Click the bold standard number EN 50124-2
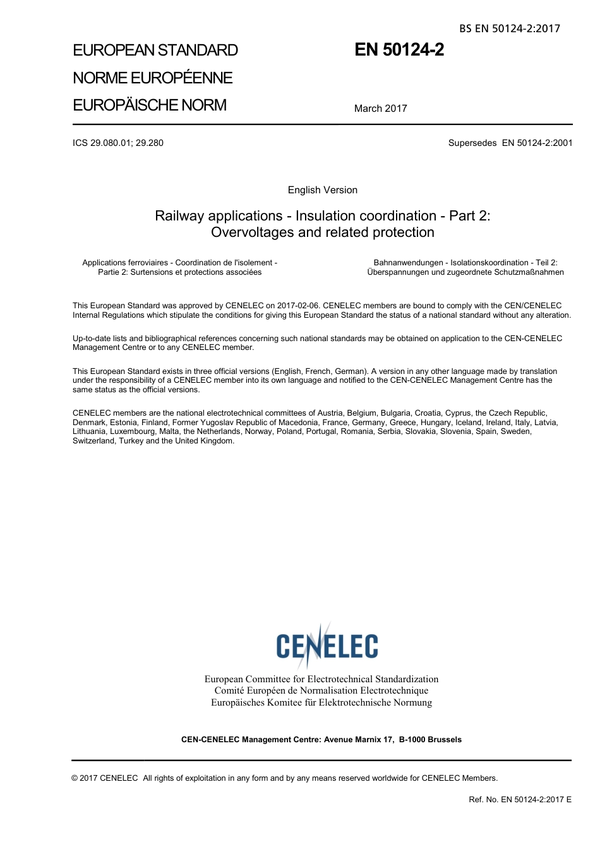[x=399, y=50]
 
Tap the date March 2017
[x=380, y=109]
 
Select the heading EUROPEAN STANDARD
[x=155, y=51]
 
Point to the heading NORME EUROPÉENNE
[x=153, y=78]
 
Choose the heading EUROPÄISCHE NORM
[x=150, y=105]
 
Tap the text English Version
[x=322, y=190]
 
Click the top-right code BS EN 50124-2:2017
[x=509, y=28]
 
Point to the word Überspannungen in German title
[x=397, y=272]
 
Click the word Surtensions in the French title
[x=152, y=272]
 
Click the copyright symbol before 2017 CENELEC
[x=75, y=778]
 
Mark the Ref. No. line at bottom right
[x=520, y=800]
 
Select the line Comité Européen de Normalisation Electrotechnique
[x=321, y=690]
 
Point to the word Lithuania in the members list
[x=89, y=431]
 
